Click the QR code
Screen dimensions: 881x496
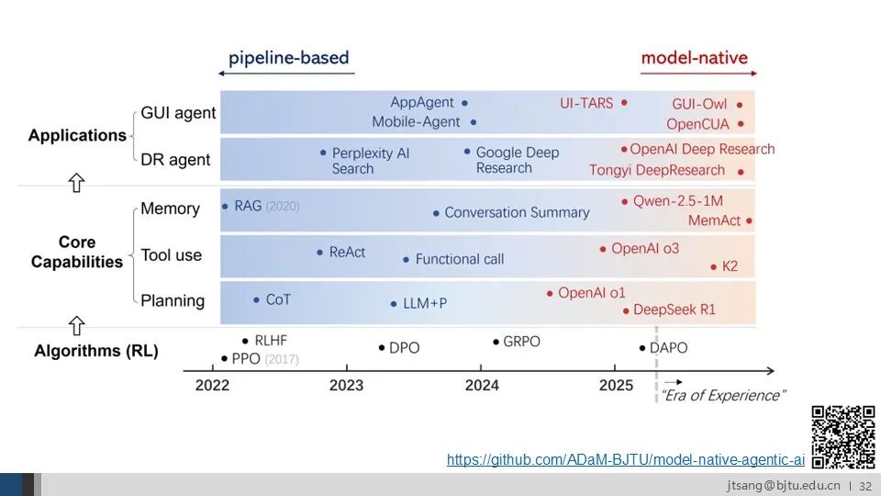tap(843, 437)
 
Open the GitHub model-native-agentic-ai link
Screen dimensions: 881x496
tap(625, 459)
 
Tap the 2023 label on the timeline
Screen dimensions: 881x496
tap(346, 385)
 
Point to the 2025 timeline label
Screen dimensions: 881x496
tap(616, 385)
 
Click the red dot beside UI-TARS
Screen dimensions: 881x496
tap(624, 103)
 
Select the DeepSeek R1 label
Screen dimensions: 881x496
tap(675, 310)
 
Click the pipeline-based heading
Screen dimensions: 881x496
tap(289, 57)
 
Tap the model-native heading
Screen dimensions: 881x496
tap(695, 57)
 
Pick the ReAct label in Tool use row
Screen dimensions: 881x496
tap(347, 252)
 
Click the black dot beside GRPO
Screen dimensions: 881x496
tap(496, 342)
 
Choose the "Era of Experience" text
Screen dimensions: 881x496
tap(723, 395)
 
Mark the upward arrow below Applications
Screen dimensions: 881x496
tap(76, 183)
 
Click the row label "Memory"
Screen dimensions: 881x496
tap(171, 209)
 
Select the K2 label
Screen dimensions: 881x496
tap(730, 266)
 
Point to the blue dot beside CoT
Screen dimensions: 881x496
tap(256, 300)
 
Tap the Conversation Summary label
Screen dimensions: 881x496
tap(517, 212)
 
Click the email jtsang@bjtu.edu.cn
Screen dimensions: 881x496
tap(784, 485)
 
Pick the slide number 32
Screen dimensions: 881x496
tap(865, 486)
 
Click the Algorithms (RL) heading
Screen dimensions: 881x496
tap(96, 351)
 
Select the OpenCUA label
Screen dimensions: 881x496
tap(697, 124)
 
